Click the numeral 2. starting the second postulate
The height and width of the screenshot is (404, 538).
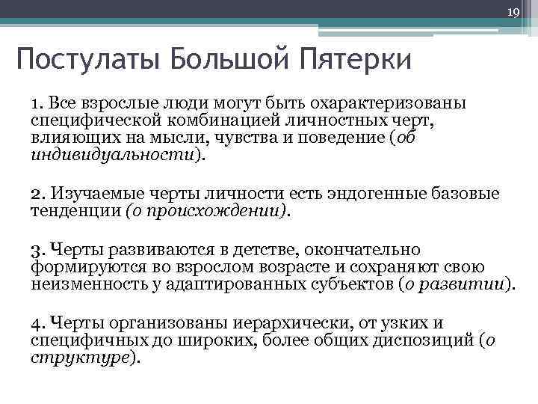tap(38, 195)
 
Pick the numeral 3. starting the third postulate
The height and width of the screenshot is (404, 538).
tap(38, 250)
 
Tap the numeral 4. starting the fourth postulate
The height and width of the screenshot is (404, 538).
tap(38, 323)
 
